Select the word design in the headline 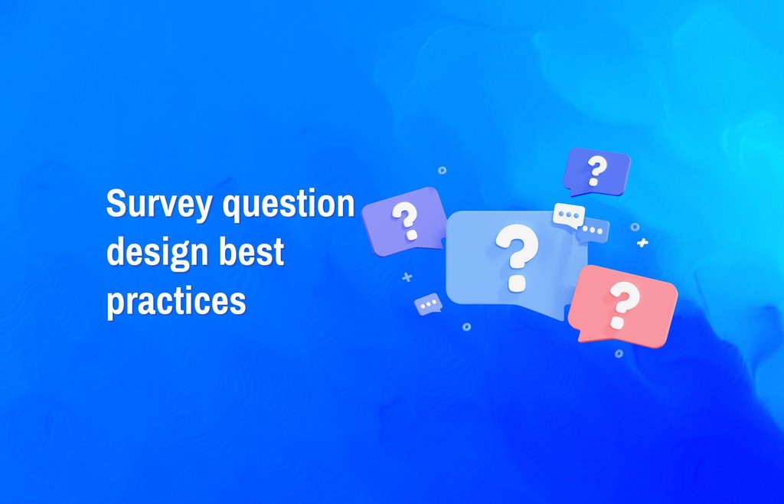point(151,254)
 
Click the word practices point(176,301)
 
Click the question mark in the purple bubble point(406,220)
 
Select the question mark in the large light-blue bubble point(517,256)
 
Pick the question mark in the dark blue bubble point(596,169)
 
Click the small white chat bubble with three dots point(568,215)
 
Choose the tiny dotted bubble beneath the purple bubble point(428,304)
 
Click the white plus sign point(642,243)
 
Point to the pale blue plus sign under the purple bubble point(407,277)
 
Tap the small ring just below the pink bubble point(619,353)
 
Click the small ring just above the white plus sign point(635,227)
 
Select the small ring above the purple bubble point(442,170)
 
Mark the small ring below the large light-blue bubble point(466,326)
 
